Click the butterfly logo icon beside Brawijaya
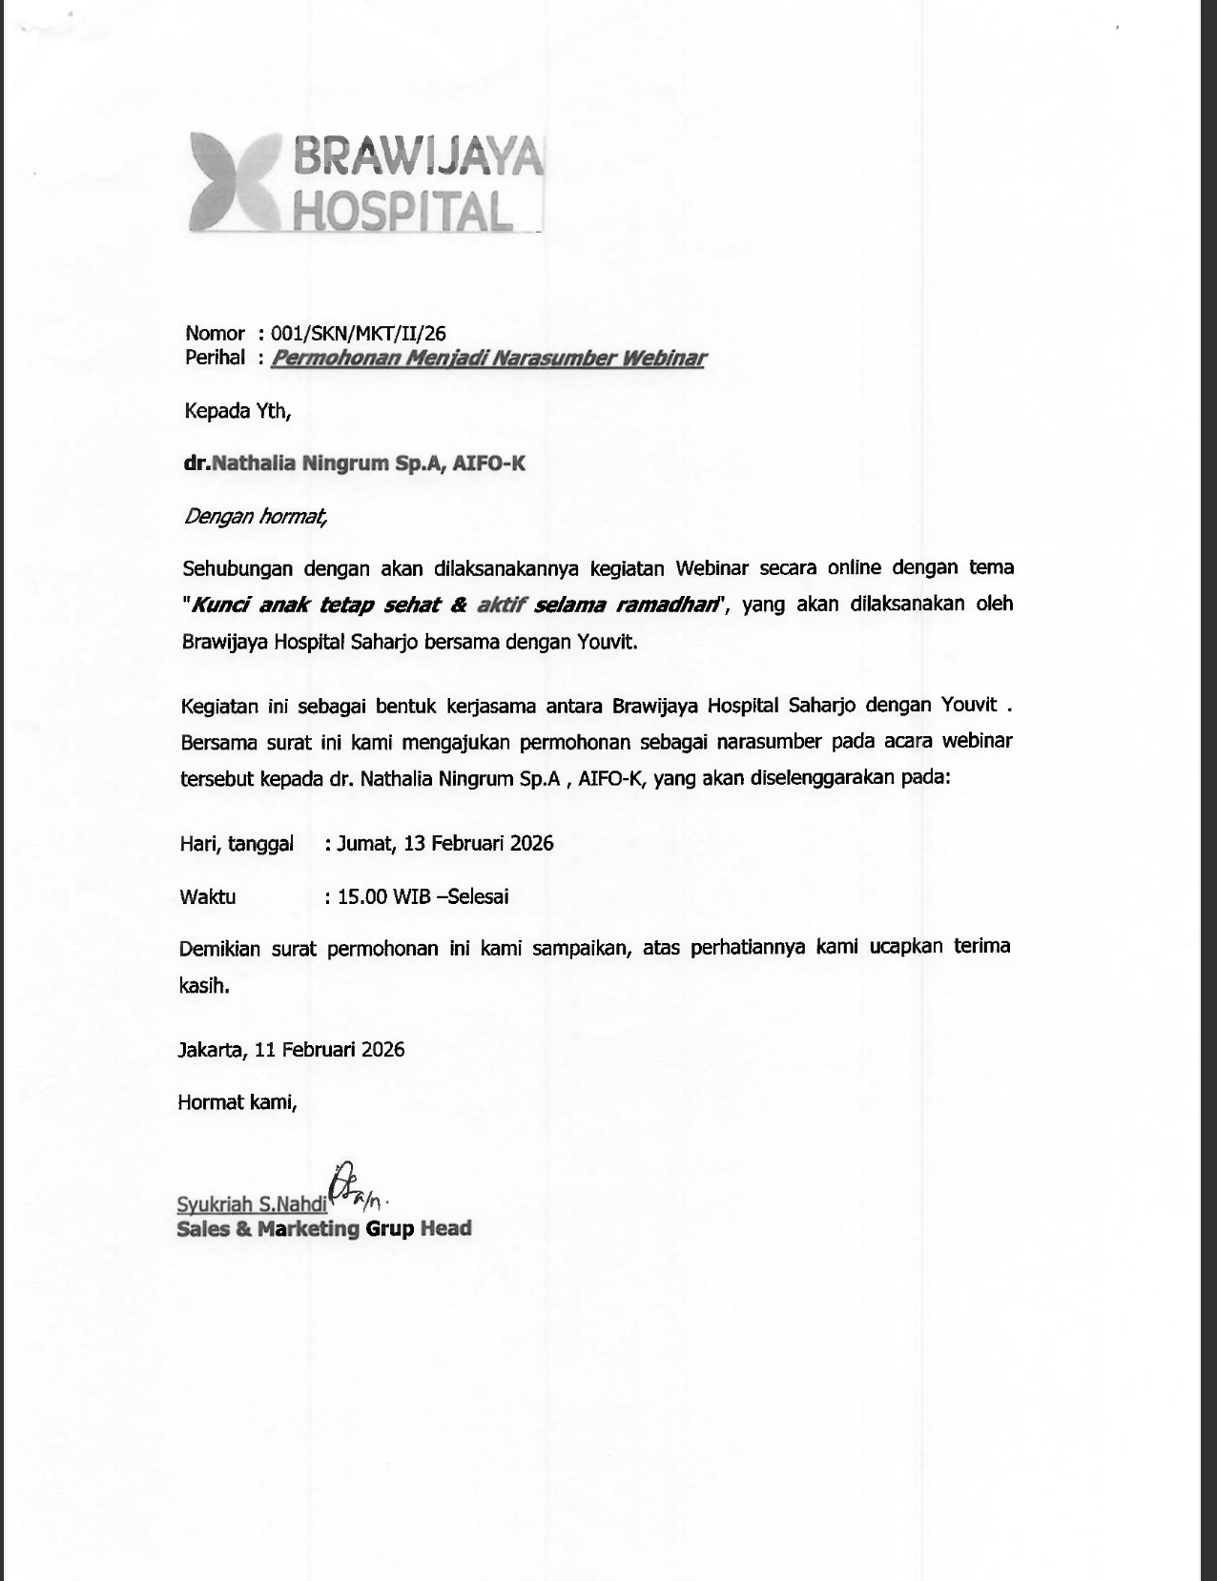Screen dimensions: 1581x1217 pyautogui.click(x=235, y=183)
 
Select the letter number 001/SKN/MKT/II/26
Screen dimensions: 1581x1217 pyautogui.click(x=358, y=333)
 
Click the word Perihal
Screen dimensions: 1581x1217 pyautogui.click(x=215, y=358)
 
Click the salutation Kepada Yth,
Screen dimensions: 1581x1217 pyautogui.click(x=237, y=411)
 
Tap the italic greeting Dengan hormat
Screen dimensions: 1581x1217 pyautogui.click(x=255, y=517)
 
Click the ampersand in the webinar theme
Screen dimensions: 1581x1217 pyautogui.click(x=458, y=604)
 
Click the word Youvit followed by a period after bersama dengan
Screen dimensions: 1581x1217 pyautogui.click(x=607, y=642)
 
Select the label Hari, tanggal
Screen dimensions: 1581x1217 pyautogui.click(x=237, y=844)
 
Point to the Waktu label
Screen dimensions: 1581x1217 pyautogui.click(x=207, y=896)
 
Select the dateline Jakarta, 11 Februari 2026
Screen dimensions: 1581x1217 pyautogui.click(x=291, y=1050)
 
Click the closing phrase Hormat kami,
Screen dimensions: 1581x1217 pyautogui.click(x=237, y=1102)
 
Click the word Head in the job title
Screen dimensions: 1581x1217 pyautogui.click(x=445, y=1228)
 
